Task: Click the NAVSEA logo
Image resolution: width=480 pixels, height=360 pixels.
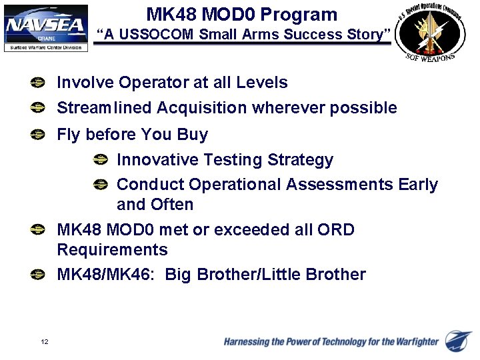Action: [45, 27]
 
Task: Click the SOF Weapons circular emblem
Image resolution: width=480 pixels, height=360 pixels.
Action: [431, 33]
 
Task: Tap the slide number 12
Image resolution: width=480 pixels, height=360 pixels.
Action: [44, 342]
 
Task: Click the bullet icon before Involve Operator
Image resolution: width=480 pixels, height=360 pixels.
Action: [39, 83]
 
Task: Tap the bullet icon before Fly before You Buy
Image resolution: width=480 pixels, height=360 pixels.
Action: [39, 135]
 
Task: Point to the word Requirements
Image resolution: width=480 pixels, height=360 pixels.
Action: [112, 250]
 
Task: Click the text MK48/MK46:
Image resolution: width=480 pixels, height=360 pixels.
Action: [108, 275]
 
